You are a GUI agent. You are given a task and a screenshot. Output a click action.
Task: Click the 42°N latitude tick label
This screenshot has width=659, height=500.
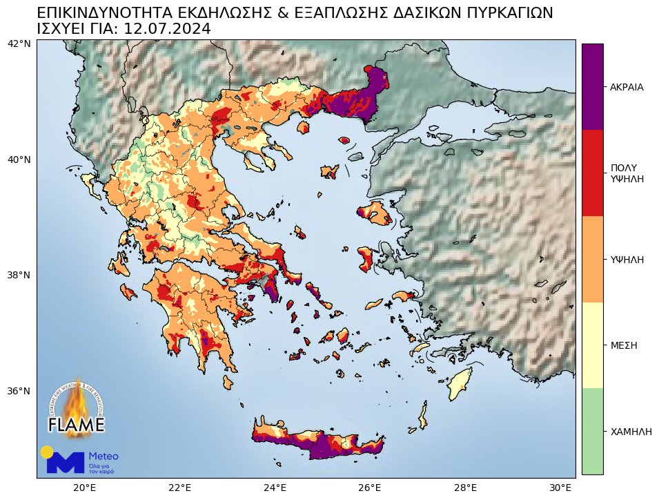[19, 44]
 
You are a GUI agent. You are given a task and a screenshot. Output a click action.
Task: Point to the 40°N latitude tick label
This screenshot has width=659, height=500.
[19, 160]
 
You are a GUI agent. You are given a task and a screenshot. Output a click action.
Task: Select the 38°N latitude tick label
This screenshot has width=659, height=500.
[19, 275]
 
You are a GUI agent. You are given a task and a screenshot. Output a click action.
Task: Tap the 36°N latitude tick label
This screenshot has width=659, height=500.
[19, 391]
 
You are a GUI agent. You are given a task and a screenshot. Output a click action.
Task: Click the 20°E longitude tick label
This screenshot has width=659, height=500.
[84, 488]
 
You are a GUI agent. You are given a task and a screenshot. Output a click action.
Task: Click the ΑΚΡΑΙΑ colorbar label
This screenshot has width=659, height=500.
[627, 88]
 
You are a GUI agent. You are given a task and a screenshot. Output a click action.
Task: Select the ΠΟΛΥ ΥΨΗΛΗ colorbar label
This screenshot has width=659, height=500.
[627, 173]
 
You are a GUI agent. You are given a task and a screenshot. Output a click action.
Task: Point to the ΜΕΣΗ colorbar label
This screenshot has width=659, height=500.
[623, 345]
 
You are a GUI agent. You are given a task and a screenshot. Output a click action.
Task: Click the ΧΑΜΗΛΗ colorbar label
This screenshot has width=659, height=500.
[631, 431]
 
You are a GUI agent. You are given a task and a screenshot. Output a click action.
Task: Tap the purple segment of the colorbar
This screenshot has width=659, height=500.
[592, 86]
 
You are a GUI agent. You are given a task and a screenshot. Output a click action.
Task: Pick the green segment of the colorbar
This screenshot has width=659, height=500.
[592, 431]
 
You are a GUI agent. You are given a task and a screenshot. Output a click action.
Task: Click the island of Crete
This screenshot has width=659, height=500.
[317, 442]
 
